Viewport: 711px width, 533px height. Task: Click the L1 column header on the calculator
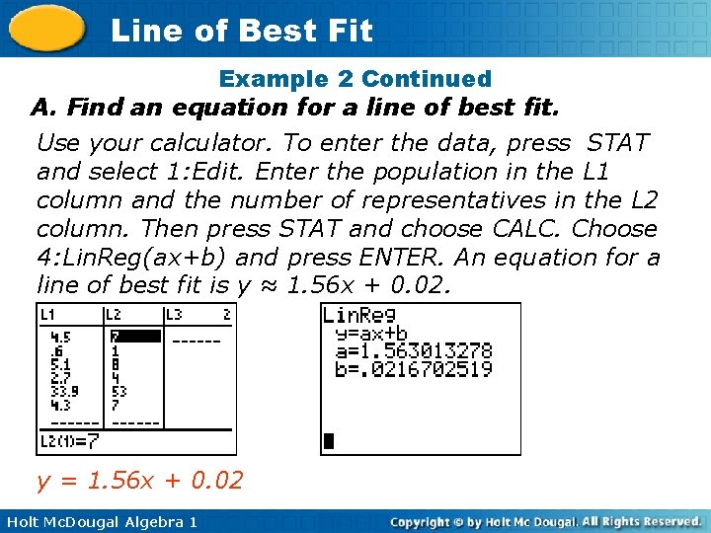click(x=48, y=315)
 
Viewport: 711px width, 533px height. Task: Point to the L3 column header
click(x=175, y=315)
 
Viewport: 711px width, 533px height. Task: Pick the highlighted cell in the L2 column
click(x=135, y=337)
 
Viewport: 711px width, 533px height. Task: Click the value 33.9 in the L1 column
click(x=64, y=391)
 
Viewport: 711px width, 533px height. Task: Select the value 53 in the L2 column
click(x=119, y=391)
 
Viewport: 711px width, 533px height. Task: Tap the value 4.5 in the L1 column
click(x=60, y=337)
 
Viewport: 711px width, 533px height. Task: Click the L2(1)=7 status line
click(x=69, y=440)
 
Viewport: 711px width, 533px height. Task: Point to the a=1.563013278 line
click(x=414, y=351)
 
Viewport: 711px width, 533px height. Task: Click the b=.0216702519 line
click(x=414, y=369)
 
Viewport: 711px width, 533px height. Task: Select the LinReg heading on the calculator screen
click(x=359, y=315)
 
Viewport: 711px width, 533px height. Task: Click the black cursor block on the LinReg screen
click(x=330, y=441)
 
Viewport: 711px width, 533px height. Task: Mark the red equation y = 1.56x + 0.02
click(x=139, y=482)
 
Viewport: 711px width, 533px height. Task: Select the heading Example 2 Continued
click(x=355, y=78)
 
